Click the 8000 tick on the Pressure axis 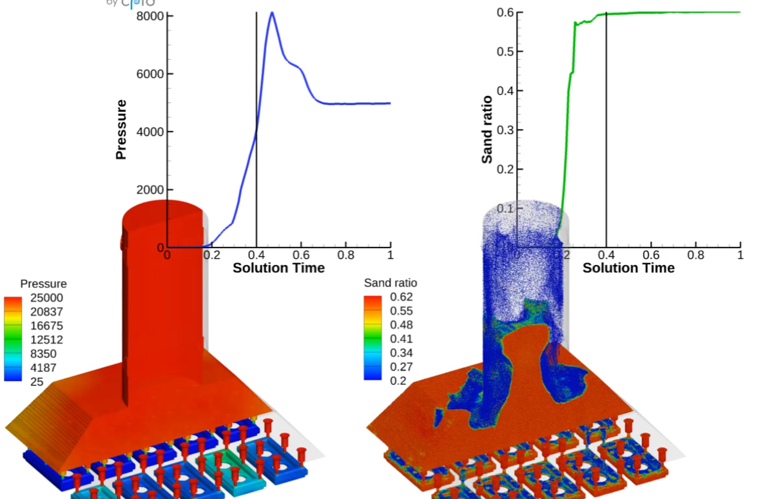(150, 15)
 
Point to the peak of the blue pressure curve (272, 12)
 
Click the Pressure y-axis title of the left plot (121, 130)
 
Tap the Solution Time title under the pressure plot (278, 268)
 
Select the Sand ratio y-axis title (487, 130)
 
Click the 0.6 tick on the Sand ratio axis (505, 12)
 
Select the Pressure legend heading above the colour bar (43, 284)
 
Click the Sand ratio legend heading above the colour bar (391, 283)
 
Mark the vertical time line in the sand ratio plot (606, 161)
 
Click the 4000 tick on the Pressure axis (150, 132)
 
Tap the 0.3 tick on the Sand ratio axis (505, 130)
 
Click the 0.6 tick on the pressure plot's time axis (302, 255)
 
